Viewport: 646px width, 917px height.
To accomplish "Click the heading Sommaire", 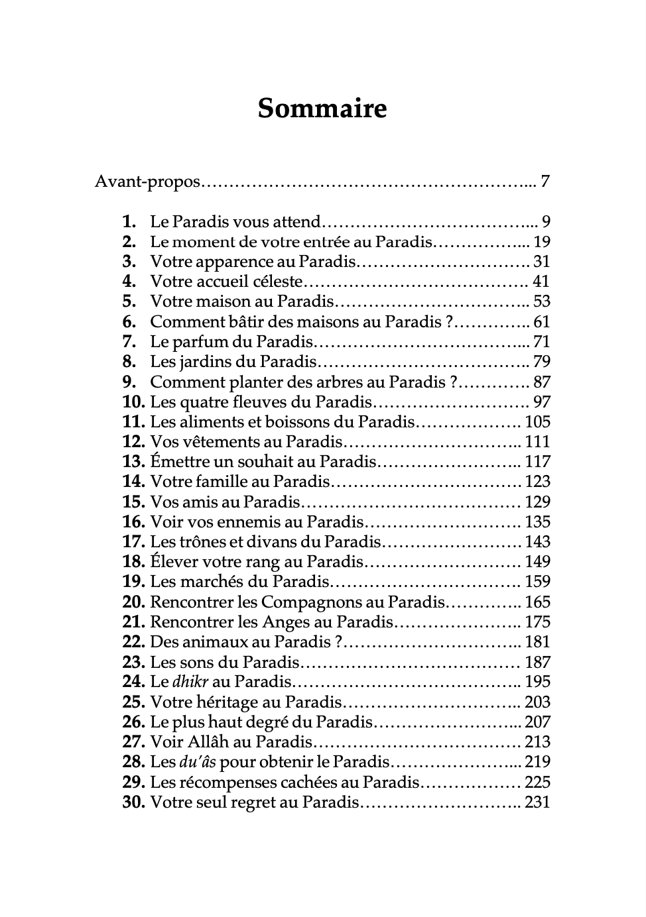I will [322, 108].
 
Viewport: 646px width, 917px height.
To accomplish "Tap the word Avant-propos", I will [147, 182].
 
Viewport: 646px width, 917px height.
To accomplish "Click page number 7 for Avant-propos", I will [545, 181].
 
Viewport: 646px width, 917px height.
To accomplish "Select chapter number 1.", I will [129, 222].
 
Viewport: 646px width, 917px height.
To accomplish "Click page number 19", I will [542, 242].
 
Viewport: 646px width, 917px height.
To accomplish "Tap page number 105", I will [537, 422].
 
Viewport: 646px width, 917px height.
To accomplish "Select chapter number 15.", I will [133, 502].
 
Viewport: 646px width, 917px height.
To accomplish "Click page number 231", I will [537, 802].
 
